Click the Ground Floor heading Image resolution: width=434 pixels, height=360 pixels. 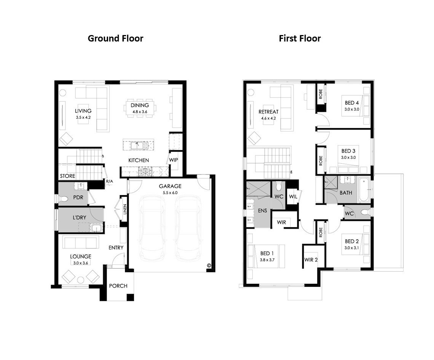click(115, 38)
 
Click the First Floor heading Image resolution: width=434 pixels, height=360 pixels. click(300, 38)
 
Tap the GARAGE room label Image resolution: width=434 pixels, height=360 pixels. click(170, 186)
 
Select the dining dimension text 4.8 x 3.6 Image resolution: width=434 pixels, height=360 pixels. click(139, 112)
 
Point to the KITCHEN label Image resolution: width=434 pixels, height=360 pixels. click(139, 160)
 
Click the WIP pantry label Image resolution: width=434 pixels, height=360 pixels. click(174, 160)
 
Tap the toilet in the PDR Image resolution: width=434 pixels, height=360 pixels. click(63, 198)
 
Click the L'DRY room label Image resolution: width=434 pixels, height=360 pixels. click(80, 218)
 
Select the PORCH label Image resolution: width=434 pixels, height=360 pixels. click(118, 286)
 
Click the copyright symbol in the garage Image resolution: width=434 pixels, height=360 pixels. click(209, 265)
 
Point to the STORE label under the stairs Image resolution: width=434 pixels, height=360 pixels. click(67, 176)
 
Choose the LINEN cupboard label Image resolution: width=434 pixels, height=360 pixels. click(125, 210)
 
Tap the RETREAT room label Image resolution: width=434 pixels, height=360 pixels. click(268, 112)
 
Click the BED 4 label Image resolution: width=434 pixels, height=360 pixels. click(352, 103)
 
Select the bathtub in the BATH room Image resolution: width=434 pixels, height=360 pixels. click(364, 190)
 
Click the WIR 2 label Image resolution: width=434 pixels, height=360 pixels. click(311, 260)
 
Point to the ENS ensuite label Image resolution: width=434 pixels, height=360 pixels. click(262, 211)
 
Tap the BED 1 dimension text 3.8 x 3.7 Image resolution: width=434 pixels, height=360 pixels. click(267, 260)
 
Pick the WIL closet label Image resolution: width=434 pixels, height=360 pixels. click(293, 197)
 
